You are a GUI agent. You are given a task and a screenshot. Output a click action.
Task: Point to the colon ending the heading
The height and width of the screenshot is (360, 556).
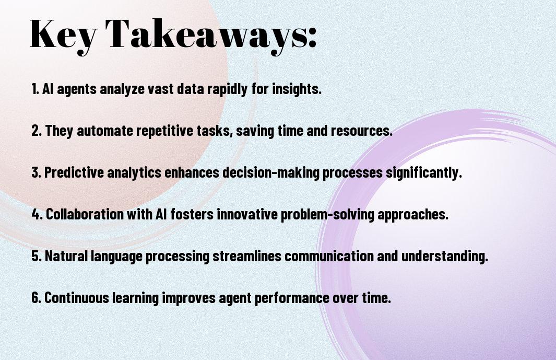(312, 38)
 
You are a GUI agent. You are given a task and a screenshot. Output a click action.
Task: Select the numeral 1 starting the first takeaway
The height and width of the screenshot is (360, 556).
(34, 89)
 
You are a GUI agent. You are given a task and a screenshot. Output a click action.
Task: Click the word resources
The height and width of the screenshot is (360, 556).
(362, 131)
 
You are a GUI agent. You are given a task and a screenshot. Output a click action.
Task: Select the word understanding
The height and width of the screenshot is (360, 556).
(445, 256)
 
